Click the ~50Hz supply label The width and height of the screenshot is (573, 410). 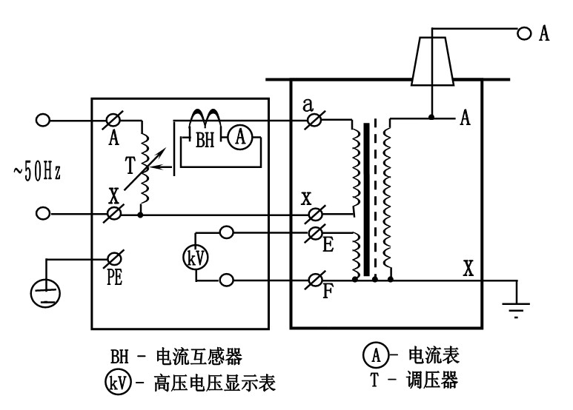point(35,171)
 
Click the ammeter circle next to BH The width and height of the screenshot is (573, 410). point(237,137)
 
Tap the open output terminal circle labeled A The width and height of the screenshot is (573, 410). point(523,33)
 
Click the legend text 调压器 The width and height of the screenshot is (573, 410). point(433,382)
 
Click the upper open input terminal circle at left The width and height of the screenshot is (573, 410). point(43,120)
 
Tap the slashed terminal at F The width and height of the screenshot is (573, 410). point(315,280)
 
